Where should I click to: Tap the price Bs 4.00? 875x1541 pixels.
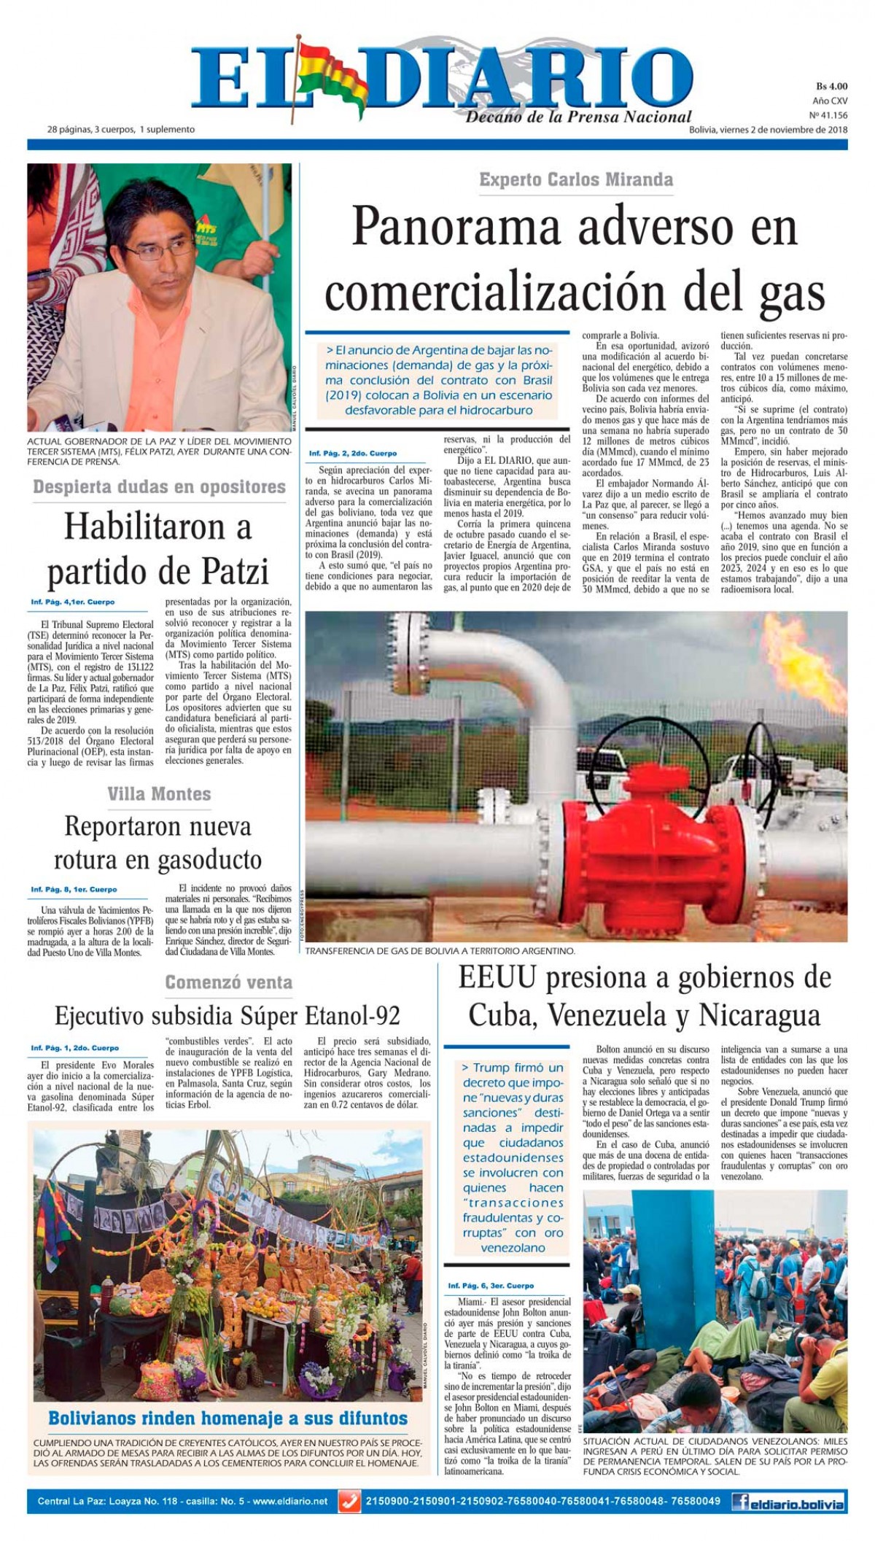coord(831,86)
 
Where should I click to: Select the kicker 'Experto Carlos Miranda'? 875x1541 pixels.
coord(576,179)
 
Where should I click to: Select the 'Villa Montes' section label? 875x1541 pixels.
coord(159,793)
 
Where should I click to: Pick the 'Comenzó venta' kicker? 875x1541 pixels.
coord(228,982)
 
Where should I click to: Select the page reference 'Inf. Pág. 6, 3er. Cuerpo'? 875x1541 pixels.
coord(491,1286)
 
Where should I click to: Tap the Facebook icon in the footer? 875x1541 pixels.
coord(743,1502)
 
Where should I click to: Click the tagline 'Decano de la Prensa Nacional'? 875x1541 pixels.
coord(578,117)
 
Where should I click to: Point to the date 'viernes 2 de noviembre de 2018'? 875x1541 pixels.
coord(783,130)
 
